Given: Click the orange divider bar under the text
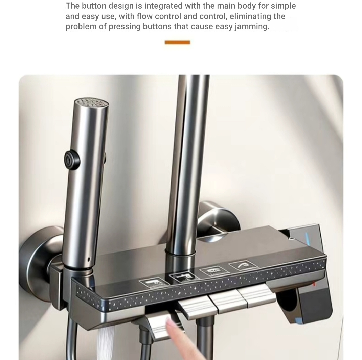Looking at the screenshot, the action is point(177,42).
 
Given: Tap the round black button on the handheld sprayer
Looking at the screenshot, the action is point(72,159).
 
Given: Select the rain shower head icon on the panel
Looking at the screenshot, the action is point(215,270).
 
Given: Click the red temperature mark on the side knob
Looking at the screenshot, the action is point(314,284).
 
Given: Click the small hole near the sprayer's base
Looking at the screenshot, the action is point(89,260).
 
